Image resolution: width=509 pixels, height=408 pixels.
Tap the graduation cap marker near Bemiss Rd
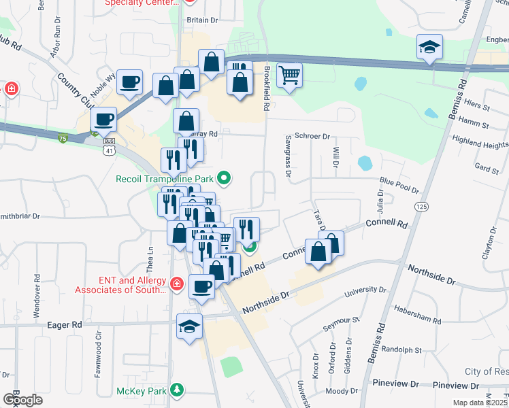430,47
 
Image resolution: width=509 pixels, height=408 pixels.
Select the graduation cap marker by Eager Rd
190,326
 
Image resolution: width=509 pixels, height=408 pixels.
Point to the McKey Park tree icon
177,390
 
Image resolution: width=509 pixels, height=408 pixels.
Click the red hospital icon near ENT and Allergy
176,283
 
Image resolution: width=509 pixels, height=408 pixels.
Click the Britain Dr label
201,20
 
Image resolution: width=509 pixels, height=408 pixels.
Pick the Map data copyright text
480,403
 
